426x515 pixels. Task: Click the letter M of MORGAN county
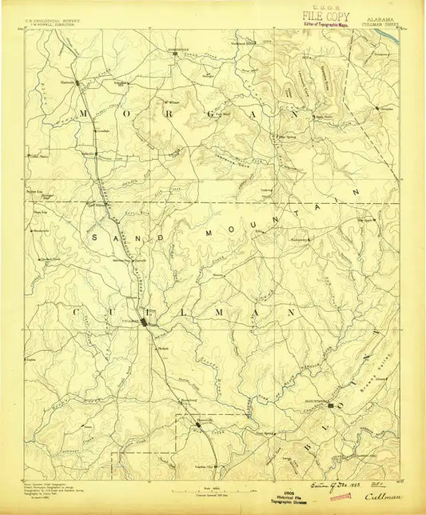pos(82,114)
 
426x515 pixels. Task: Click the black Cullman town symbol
pos(144,322)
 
